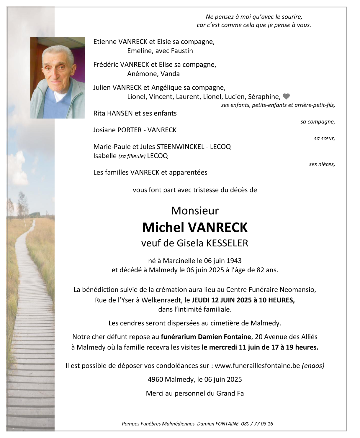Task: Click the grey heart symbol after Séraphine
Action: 286,96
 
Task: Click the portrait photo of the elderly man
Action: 57,78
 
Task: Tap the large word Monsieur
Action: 195,210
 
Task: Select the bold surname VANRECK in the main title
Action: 217,227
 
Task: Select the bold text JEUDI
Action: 201,300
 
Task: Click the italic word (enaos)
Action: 313,365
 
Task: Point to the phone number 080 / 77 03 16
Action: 257,424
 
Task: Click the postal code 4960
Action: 155,379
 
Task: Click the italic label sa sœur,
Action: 324,139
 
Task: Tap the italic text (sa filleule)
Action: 132,156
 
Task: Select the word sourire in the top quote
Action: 292,17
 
